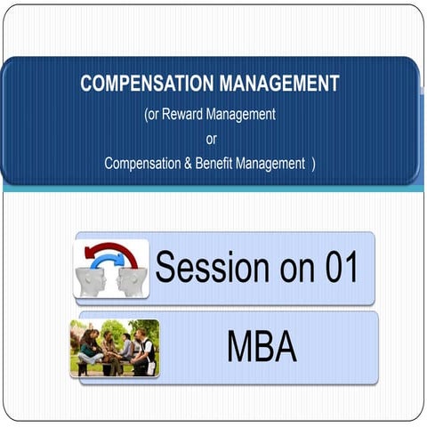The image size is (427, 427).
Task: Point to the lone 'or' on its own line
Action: pyautogui.click(x=211, y=139)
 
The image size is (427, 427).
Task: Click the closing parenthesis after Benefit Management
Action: pyautogui.click(x=313, y=164)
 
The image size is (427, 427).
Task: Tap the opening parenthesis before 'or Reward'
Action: pyautogui.click(x=146, y=115)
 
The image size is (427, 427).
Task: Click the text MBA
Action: pyautogui.click(x=262, y=347)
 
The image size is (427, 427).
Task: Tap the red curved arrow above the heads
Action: pyautogui.click(x=111, y=251)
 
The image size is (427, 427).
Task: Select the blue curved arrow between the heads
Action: pyautogui.click(x=112, y=263)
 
